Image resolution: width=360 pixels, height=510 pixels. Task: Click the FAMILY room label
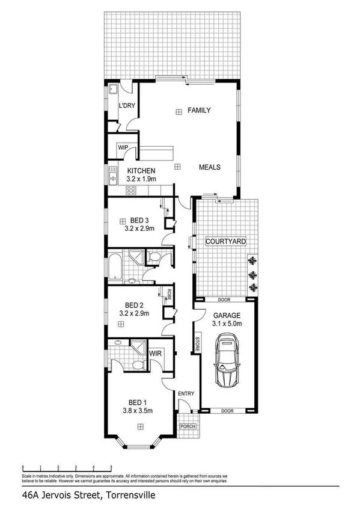pyautogui.click(x=199, y=111)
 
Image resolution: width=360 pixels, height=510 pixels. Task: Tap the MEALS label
pyautogui.click(x=210, y=167)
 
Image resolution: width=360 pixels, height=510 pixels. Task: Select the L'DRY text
pyautogui.click(x=127, y=106)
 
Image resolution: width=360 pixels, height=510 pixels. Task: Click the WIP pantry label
pyautogui.click(x=123, y=147)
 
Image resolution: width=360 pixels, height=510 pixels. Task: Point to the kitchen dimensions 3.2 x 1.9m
pyautogui.click(x=141, y=179)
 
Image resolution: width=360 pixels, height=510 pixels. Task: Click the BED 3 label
pyautogui.click(x=139, y=220)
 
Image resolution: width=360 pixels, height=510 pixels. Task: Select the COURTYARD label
pyautogui.click(x=225, y=241)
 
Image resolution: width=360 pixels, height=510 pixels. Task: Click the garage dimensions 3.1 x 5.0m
pyautogui.click(x=226, y=324)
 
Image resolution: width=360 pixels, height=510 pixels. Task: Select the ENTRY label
pyautogui.click(x=186, y=394)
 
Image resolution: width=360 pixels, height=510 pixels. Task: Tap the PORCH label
pyautogui.click(x=188, y=426)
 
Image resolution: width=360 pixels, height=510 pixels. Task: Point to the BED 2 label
pyautogui.click(x=136, y=305)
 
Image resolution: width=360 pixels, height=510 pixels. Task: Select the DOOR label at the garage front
pyautogui.click(x=227, y=411)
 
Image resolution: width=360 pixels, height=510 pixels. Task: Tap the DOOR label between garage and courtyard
pyautogui.click(x=224, y=300)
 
